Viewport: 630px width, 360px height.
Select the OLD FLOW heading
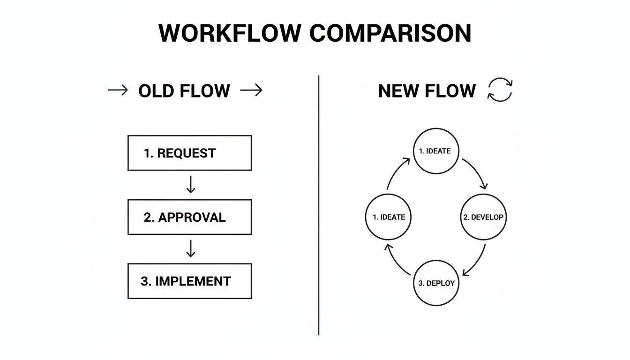(184, 91)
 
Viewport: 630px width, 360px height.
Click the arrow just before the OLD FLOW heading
(118, 90)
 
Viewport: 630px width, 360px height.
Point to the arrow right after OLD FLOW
(251, 90)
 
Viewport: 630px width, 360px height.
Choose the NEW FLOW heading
(427, 91)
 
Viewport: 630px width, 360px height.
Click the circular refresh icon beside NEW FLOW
(500, 90)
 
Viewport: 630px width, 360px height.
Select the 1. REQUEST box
(189, 153)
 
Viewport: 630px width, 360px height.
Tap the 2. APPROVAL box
(189, 217)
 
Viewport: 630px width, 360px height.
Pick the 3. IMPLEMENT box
(189, 281)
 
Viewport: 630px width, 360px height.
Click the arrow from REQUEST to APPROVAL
(190, 185)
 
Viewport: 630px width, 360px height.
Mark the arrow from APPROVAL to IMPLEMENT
(190, 249)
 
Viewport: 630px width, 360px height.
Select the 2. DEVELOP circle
(483, 217)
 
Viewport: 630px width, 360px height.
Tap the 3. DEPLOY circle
(436, 283)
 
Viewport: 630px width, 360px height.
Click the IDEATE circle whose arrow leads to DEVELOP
(436, 151)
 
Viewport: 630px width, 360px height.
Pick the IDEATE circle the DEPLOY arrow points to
(389, 217)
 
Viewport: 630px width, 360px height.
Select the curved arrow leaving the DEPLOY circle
(396, 261)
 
